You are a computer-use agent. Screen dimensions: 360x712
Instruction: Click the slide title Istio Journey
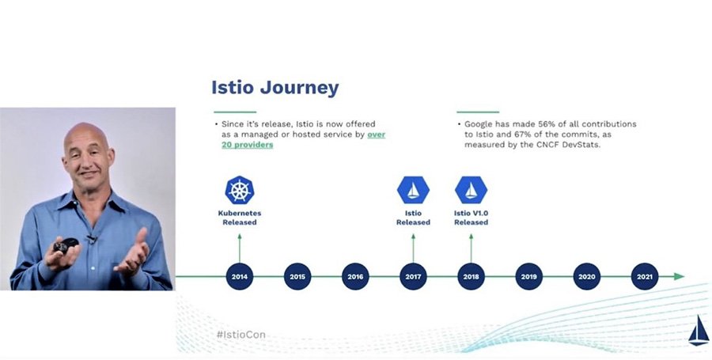click(x=275, y=87)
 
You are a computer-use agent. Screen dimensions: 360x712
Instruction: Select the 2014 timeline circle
click(x=239, y=276)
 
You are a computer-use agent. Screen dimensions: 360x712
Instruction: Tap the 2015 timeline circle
click(x=297, y=276)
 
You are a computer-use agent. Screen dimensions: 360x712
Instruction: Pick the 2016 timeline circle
click(x=355, y=276)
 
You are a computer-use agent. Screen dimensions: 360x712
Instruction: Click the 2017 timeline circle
click(x=413, y=276)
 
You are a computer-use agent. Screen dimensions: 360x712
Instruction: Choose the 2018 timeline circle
click(x=471, y=276)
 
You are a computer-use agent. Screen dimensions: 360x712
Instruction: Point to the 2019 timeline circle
click(x=528, y=276)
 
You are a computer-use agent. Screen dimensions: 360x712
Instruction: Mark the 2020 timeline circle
click(x=586, y=276)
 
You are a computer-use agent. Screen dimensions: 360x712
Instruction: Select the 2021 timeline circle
click(x=644, y=276)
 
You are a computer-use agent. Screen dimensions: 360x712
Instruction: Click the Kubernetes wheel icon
click(x=239, y=190)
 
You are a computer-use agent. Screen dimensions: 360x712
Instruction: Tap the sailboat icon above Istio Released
click(x=413, y=190)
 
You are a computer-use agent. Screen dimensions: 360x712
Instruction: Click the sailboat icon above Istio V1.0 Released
click(x=471, y=190)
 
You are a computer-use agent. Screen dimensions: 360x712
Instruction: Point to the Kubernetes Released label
click(x=239, y=218)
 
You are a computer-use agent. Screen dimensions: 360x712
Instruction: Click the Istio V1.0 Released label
click(x=471, y=218)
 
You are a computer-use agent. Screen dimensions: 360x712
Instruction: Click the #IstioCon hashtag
click(x=240, y=335)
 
